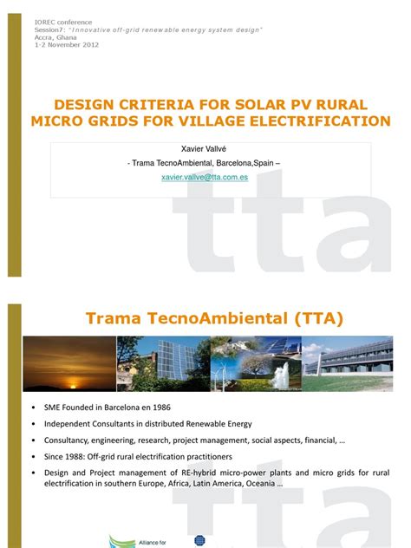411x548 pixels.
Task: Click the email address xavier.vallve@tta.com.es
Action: [x=205, y=176]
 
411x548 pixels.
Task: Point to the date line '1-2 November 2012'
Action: [x=67, y=44]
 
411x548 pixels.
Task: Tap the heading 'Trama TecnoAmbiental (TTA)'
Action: [x=214, y=319]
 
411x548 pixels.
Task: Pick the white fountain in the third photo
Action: [x=280, y=375]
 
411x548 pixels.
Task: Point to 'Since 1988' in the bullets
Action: [x=67, y=456]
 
